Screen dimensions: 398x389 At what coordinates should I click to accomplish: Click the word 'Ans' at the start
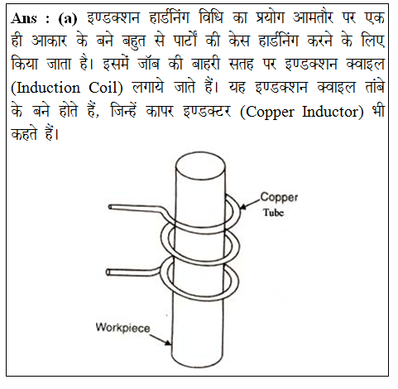point(24,18)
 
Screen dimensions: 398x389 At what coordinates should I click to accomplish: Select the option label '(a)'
point(68,19)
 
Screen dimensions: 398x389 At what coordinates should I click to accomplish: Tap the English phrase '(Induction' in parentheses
point(46,89)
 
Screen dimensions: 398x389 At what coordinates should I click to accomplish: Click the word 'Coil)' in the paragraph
point(106,89)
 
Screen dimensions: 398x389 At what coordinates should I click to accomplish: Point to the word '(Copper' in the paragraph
point(267,113)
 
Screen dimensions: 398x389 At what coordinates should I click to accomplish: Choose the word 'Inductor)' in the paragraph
point(333,112)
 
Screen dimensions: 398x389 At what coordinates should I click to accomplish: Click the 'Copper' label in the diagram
point(279,198)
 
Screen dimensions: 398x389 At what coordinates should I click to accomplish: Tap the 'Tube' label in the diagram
point(273,213)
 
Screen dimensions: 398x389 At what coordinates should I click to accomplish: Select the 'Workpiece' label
point(122,328)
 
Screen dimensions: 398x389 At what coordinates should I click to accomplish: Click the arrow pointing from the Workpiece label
point(161,340)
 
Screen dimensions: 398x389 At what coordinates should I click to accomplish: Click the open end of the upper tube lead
point(110,207)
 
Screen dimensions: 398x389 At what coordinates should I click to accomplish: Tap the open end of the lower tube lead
point(108,272)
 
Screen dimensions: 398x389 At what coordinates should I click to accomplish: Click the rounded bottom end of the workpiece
point(198,363)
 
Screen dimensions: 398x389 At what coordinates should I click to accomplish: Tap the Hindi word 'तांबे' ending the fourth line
point(375,87)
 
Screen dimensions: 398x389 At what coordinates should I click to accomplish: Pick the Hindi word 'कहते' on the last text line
point(24,135)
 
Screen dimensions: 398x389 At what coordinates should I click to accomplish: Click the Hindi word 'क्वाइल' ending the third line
point(365,64)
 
